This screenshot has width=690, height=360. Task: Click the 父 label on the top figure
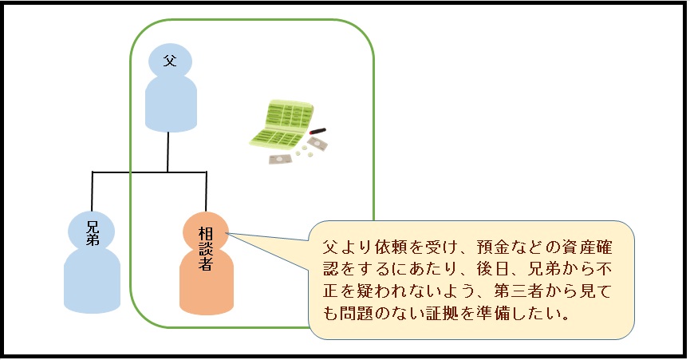pos(169,61)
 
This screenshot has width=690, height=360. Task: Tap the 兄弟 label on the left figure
pos(93,231)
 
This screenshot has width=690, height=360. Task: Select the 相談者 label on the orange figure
pos(206,247)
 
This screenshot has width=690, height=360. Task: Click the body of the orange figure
pos(207,283)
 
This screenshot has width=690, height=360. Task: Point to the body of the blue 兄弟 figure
pos(92,279)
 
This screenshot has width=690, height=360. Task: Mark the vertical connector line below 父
pos(168,152)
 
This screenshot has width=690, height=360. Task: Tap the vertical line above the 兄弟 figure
pos(93,191)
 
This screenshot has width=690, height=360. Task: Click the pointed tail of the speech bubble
pos(239,235)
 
